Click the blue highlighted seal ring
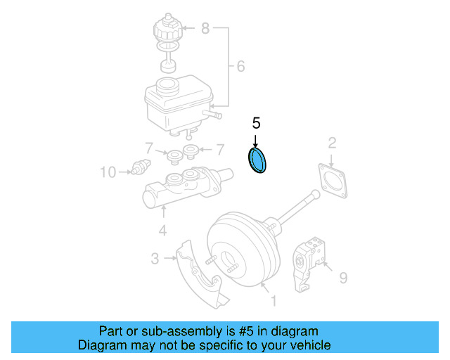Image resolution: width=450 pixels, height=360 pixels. coord(259,160)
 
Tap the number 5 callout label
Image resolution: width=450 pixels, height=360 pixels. coord(256,123)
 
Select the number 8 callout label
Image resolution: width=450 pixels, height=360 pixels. coord(205,28)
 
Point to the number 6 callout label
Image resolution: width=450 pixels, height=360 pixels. coord(240,67)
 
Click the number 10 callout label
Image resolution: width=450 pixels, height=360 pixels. coord(108,171)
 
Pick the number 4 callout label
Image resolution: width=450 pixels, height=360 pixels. coord(162,231)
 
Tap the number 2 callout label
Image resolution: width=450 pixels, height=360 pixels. coord(332,144)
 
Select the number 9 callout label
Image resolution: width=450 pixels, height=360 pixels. coord(343,278)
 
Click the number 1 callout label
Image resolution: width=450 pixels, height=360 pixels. coord(274,301)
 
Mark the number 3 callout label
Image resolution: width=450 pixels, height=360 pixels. coord(155,259)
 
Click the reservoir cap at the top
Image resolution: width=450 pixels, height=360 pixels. coord(167,30)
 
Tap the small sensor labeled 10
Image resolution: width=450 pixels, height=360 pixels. coord(138,169)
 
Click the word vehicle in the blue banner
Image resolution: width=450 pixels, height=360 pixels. coord(304,345)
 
